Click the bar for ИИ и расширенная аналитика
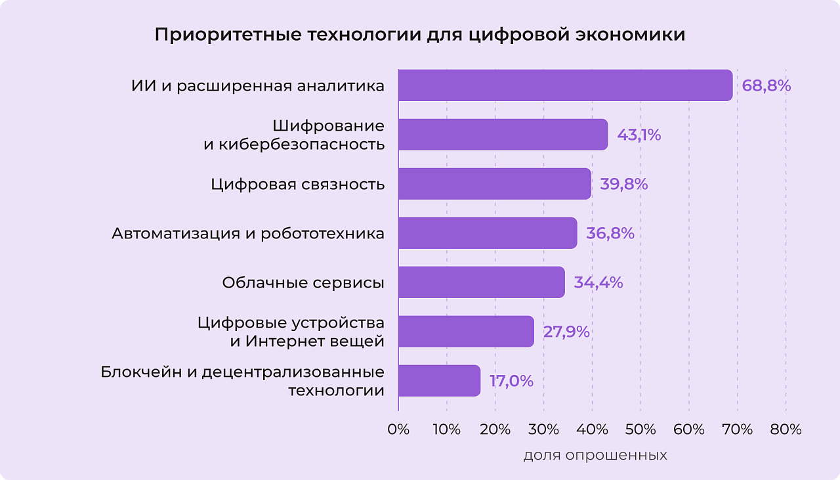[564, 85]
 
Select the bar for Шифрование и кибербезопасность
[503, 135]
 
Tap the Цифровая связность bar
[494, 184]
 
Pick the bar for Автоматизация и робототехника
[487, 233]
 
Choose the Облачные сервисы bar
[481, 282]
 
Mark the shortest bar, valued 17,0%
[439, 381]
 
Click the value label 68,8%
[766, 86]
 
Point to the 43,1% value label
[639, 135]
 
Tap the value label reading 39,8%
[623, 185]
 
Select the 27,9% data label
[566, 332]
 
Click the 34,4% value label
[598, 283]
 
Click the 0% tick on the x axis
[398, 429]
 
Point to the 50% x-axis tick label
[640, 429]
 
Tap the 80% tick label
[786, 429]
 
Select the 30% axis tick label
[543, 429]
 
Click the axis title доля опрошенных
[595, 455]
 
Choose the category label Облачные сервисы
[303, 283]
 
